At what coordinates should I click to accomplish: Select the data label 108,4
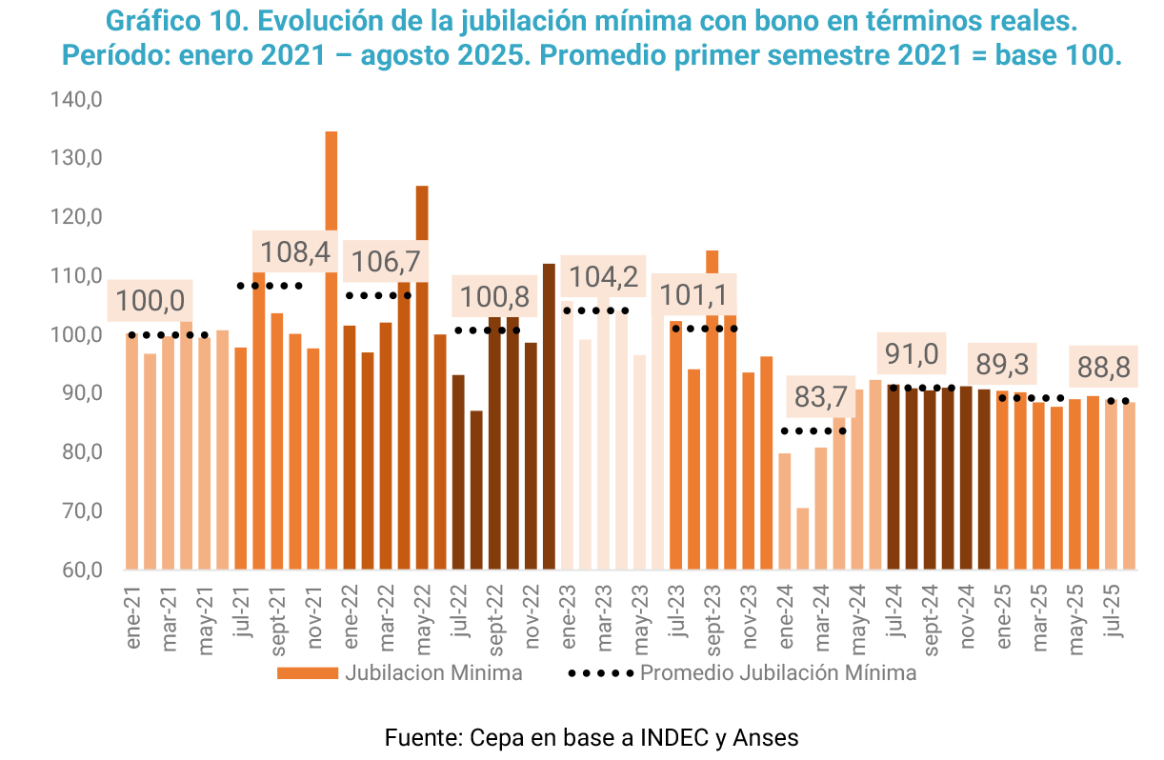pos(295,253)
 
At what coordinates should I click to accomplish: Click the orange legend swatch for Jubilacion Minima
pos(308,673)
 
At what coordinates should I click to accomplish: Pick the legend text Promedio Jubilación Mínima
pos(778,673)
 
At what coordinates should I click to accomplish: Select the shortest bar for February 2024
pos(803,539)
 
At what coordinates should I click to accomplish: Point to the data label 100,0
pos(151,302)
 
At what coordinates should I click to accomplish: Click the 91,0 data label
pos(912,354)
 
